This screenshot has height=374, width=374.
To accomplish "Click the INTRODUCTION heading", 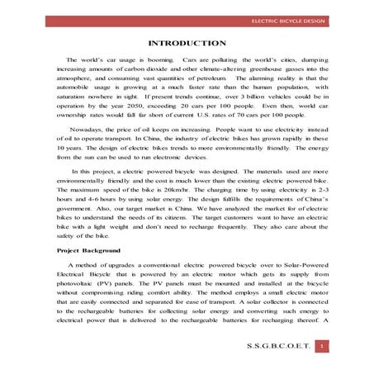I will click(186, 43).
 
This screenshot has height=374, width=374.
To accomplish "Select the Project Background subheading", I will click(88, 249).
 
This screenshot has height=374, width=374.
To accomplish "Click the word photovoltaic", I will click(80, 281).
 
